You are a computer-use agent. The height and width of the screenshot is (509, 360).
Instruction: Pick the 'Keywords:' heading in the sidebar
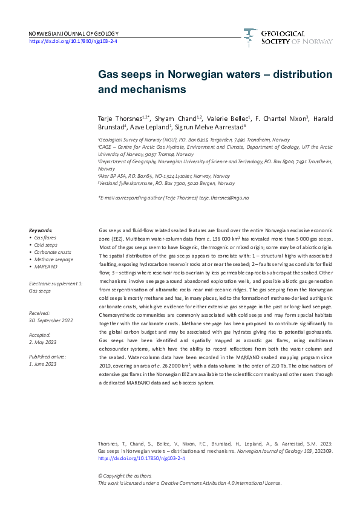click(41, 230)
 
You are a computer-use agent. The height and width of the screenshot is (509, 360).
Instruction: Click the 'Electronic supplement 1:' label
click(55, 283)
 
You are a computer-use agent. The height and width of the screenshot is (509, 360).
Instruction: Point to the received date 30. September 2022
click(54, 320)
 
